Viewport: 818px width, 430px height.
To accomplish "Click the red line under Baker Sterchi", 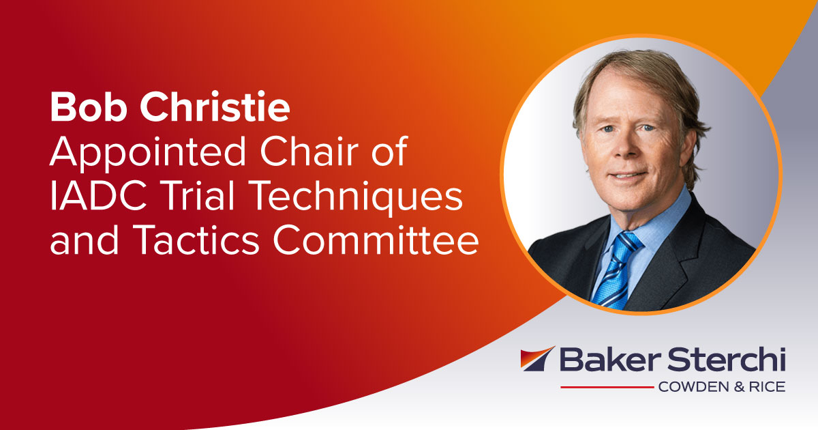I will click(x=607, y=387).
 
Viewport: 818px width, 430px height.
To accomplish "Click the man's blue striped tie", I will click(x=618, y=267).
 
